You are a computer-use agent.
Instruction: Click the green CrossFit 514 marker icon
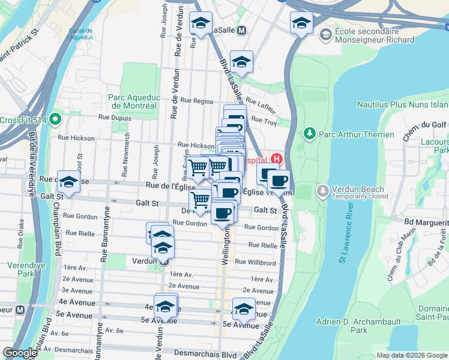click(55, 119)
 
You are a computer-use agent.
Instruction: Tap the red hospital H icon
click(277, 159)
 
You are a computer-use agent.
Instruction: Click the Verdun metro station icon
click(163, 262)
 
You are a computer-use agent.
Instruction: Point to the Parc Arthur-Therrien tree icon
click(310, 133)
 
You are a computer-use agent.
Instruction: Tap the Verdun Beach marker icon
click(324, 191)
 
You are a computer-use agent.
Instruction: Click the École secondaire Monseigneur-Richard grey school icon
click(325, 34)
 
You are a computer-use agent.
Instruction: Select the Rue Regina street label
click(196, 101)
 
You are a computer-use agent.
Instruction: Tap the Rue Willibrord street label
click(255, 262)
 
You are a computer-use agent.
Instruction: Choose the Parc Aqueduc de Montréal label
click(132, 101)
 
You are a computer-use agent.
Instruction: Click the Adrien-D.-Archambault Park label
click(359, 325)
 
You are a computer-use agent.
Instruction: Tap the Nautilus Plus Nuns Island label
click(403, 104)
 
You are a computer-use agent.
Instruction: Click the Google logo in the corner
click(20, 353)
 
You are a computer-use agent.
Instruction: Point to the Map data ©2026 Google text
click(412, 355)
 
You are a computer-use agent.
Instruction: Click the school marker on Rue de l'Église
click(69, 183)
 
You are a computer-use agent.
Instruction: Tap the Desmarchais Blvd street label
click(194, 354)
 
